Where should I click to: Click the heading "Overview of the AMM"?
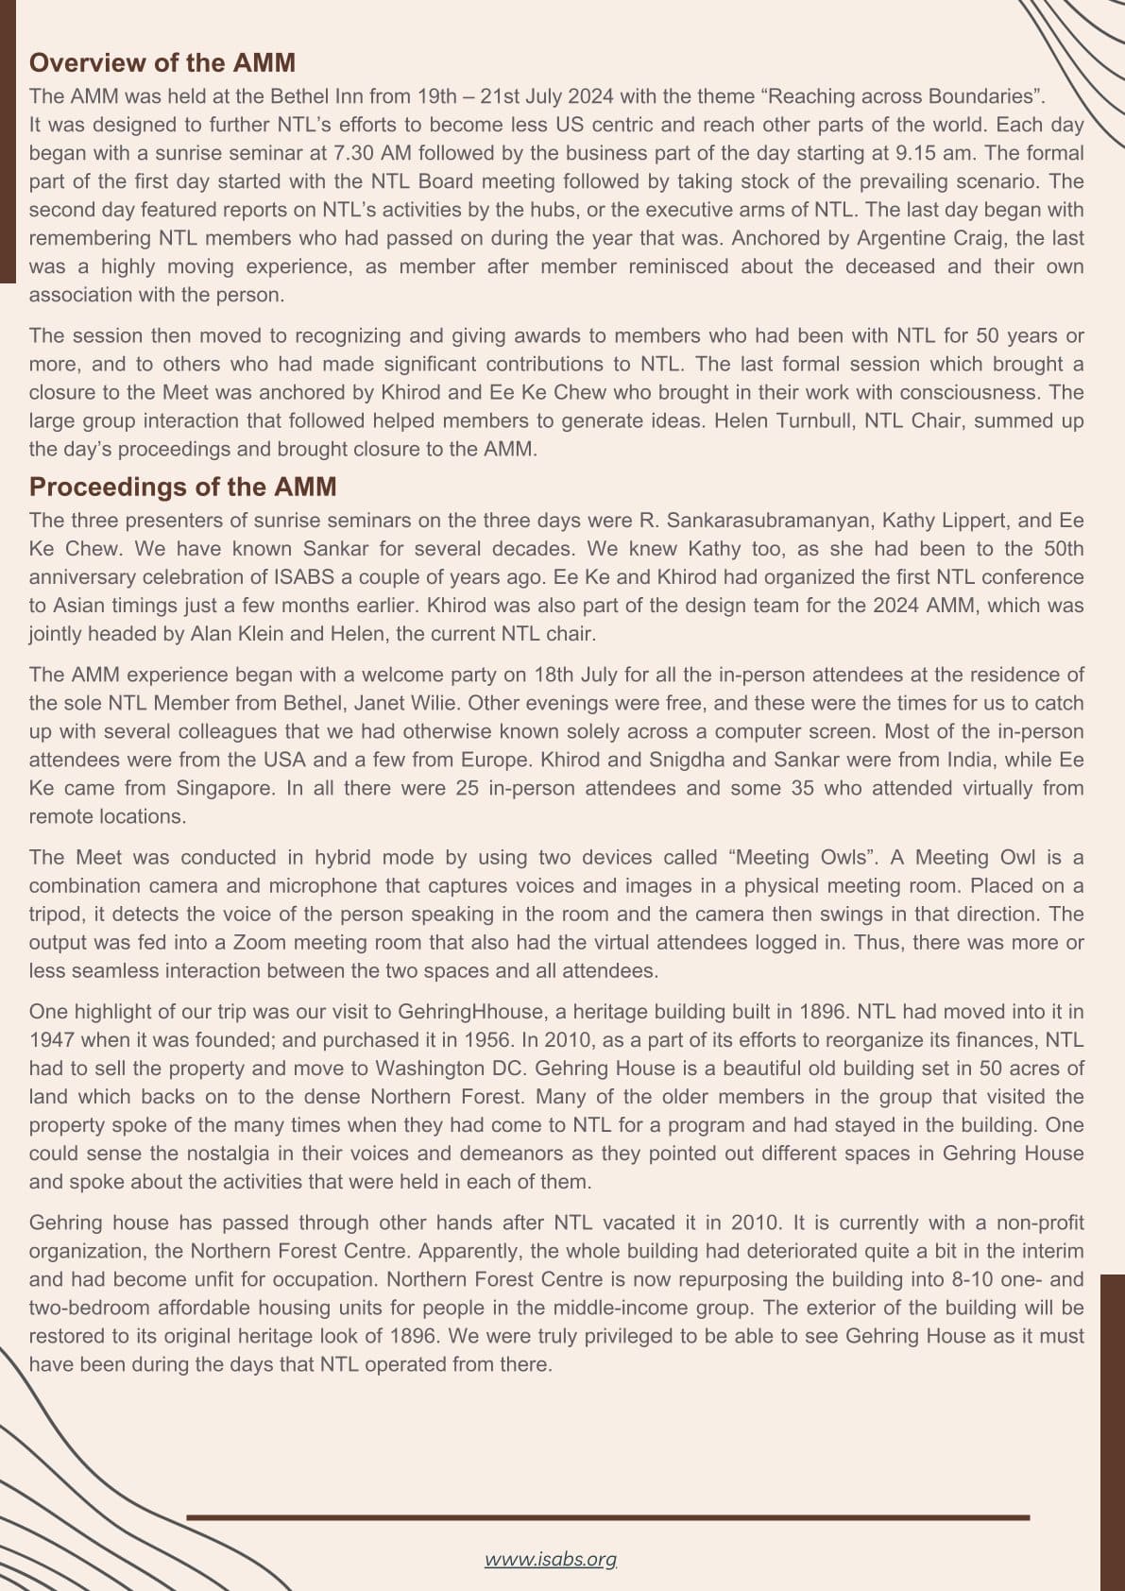[x=162, y=63]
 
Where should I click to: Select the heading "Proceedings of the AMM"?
[x=182, y=487]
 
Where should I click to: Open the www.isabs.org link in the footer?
[x=551, y=1559]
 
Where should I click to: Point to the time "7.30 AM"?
[x=371, y=153]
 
